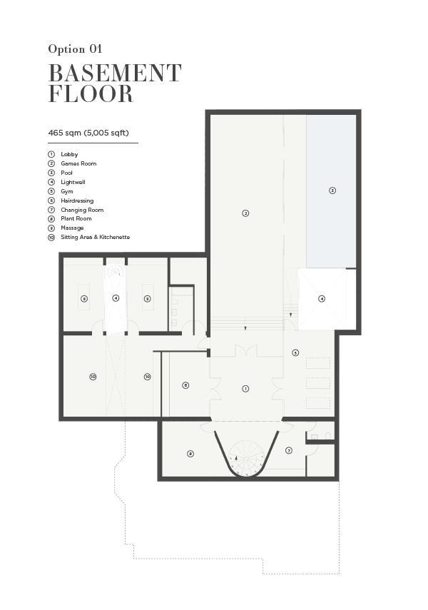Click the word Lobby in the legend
pos(69,154)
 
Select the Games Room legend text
pos(78,164)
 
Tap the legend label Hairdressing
pos(77,200)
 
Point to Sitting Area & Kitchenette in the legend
pos(96,237)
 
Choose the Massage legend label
pos(72,228)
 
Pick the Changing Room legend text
pos(82,210)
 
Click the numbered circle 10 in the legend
pos(51,238)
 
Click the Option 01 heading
pos(75,49)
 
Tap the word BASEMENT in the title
pos(115,73)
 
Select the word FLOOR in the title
pos(91,93)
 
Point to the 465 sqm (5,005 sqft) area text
pos(88,133)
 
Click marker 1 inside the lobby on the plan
pos(245,389)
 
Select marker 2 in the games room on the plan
pos(245,213)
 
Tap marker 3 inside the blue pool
pos(332,190)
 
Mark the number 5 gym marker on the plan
pos(296,353)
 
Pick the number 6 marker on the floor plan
pos(185,385)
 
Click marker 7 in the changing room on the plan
pos(289,450)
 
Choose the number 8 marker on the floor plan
pos(190,454)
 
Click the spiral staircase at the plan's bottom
pos(246,458)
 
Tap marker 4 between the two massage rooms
pos(116,298)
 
